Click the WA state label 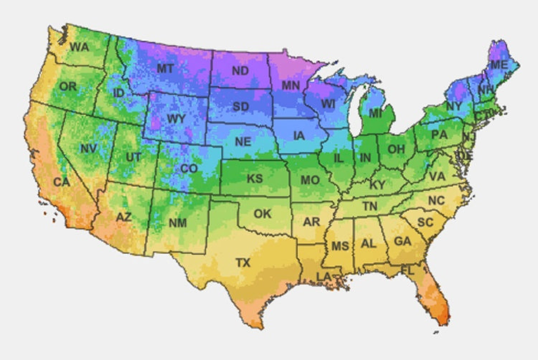79,47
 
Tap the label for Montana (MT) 165,68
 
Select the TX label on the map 243,263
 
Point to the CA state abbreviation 62,182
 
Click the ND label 240,72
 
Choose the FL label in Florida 408,271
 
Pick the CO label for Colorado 189,169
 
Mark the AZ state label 123,217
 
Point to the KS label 255,178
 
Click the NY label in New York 454,106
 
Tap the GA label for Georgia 402,242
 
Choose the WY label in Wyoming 176,118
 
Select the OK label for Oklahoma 263,214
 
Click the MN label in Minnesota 291,86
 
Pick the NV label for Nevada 88,148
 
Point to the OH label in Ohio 396,149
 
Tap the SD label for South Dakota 241,107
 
